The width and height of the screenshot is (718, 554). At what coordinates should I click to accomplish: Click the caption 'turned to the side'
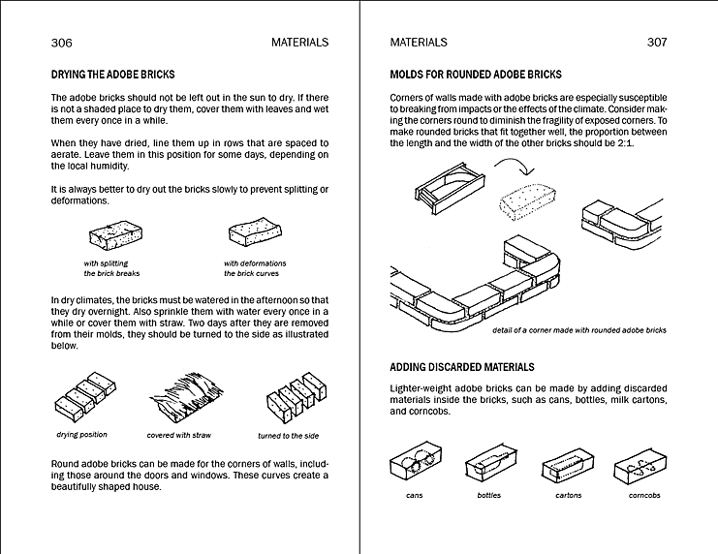point(288,436)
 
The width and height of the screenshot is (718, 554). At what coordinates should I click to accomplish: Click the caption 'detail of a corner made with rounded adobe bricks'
point(578,330)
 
